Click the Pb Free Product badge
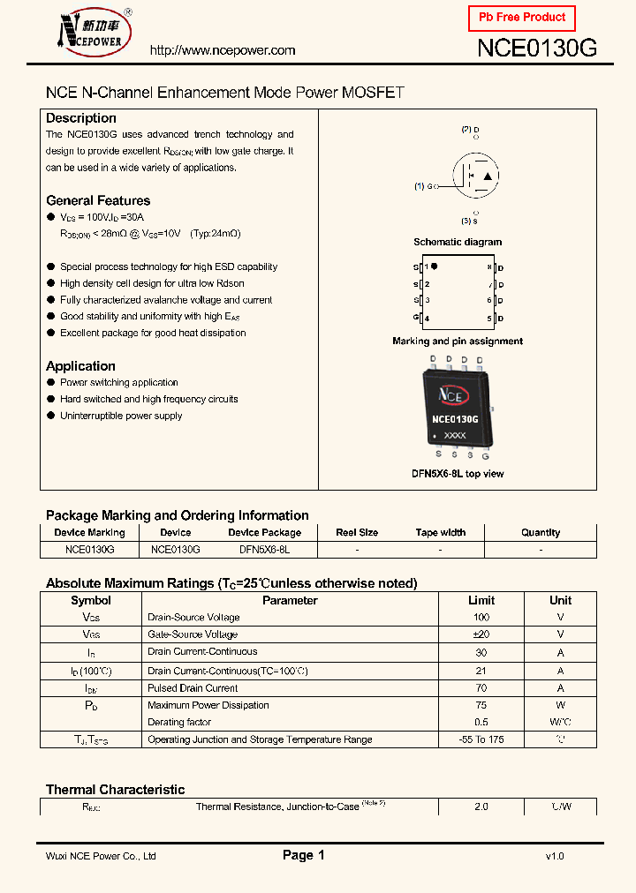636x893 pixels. click(x=521, y=18)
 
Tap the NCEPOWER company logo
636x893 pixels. click(x=92, y=31)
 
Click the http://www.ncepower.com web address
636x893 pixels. click(x=223, y=50)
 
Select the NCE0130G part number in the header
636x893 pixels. click(x=537, y=49)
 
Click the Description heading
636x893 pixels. click(x=81, y=118)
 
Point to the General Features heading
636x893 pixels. click(x=98, y=200)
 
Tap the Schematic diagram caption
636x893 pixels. click(x=458, y=242)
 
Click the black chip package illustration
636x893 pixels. click(x=455, y=407)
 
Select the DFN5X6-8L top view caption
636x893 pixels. click(x=458, y=474)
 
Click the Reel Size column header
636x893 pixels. click(x=357, y=532)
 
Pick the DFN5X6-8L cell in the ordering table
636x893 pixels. click(x=264, y=549)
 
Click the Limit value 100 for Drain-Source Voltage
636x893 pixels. click(x=481, y=618)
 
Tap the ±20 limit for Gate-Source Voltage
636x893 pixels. click(x=481, y=634)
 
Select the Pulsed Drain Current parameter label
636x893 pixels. click(x=193, y=687)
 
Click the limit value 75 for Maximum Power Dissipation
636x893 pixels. click(x=481, y=705)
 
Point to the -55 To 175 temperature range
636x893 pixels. click(x=481, y=739)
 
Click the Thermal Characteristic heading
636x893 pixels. click(x=115, y=790)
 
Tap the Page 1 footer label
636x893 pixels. click(x=304, y=855)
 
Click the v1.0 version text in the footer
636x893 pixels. click(x=554, y=856)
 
